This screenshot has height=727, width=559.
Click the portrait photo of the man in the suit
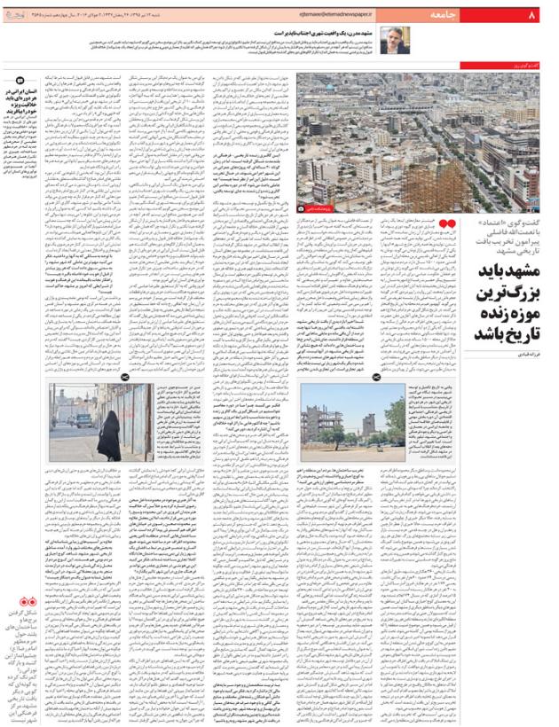tap(394, 39)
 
